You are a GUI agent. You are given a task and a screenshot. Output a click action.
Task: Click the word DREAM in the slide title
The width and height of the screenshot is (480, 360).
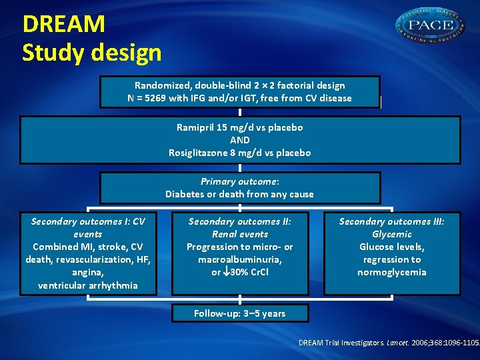coord(64,24)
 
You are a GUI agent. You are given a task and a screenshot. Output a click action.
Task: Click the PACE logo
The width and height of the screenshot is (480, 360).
coord(431,27)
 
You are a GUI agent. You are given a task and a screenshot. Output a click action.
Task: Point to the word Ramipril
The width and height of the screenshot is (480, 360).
coord(197,127)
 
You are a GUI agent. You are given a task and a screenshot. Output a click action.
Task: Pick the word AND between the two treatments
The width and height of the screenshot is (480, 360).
coord(239,140)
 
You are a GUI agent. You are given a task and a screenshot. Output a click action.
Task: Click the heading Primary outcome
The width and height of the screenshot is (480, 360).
coord(239,181)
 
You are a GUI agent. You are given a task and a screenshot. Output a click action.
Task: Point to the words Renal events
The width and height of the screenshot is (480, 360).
coord(239,234)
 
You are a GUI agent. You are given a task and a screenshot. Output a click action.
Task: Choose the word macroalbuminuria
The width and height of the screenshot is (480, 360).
coord(239,259)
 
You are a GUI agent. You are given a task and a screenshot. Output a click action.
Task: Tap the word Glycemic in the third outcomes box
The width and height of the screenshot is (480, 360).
coord(392,234)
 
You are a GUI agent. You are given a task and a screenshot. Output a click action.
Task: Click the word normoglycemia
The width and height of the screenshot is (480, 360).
coord(392,272)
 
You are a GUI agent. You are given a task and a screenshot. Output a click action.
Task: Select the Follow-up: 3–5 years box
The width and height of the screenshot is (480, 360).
coord(239,313)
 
